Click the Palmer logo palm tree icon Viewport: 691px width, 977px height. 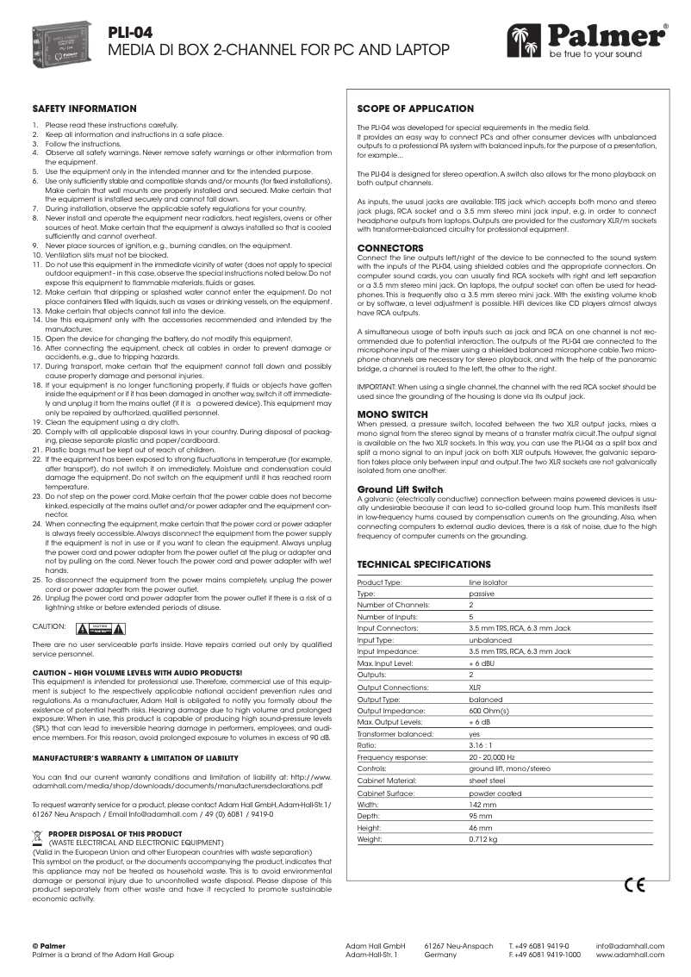(x=522, y=36)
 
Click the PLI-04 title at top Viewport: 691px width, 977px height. (x=130, y=32)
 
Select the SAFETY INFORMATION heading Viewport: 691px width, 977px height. (x=84, y=109)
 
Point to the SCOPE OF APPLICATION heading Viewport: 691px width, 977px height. (x=415, y=109)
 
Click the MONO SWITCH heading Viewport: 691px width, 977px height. (x=392, y=414)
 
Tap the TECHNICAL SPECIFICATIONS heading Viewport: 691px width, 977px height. (x=424, y=564)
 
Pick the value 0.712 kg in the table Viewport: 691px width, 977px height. (x=483, y=838)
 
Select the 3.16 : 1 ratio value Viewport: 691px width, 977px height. (x=482, y=743)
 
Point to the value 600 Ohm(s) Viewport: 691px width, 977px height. (x=489, y=711)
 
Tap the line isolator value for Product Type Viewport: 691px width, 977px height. (x=488, y=583)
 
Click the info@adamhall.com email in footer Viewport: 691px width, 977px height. (x=630, y=946)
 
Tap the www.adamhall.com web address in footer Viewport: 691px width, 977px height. (x=630, y=955)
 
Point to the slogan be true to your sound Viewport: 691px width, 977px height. (x=590, y=54)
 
